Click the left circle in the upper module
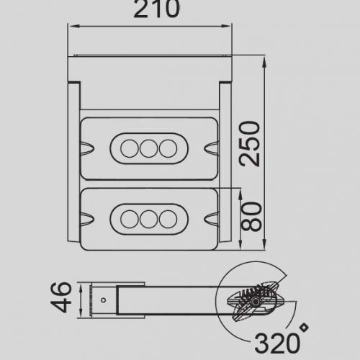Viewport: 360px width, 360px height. click(130, 148)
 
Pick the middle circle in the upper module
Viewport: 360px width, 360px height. click(149, 148)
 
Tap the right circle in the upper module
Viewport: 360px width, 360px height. click(168, 148)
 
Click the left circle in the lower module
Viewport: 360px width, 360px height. click(130, 217)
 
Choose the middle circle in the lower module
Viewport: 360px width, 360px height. click(149, 217)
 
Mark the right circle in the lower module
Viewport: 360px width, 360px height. click(168, 217)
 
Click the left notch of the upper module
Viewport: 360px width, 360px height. click(87, 148)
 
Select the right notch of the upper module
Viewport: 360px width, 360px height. click(211, 148)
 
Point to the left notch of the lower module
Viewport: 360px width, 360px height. click(87, 217)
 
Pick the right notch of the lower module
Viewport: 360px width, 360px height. click(211, 217)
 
